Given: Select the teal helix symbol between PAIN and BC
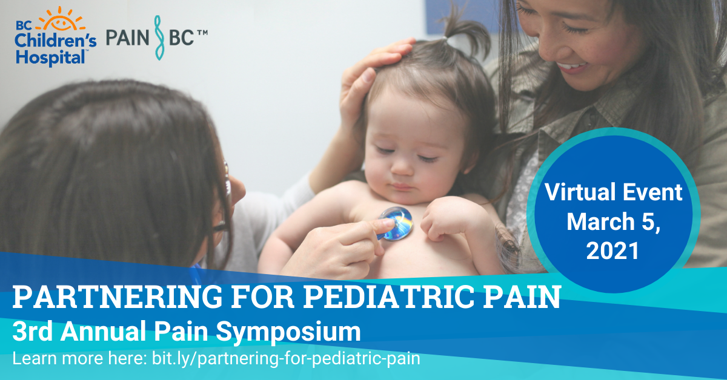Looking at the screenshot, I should click(159, 38).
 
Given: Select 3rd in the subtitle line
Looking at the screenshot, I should click(33, 332).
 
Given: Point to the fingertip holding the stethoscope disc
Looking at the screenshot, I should click(383, 225).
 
